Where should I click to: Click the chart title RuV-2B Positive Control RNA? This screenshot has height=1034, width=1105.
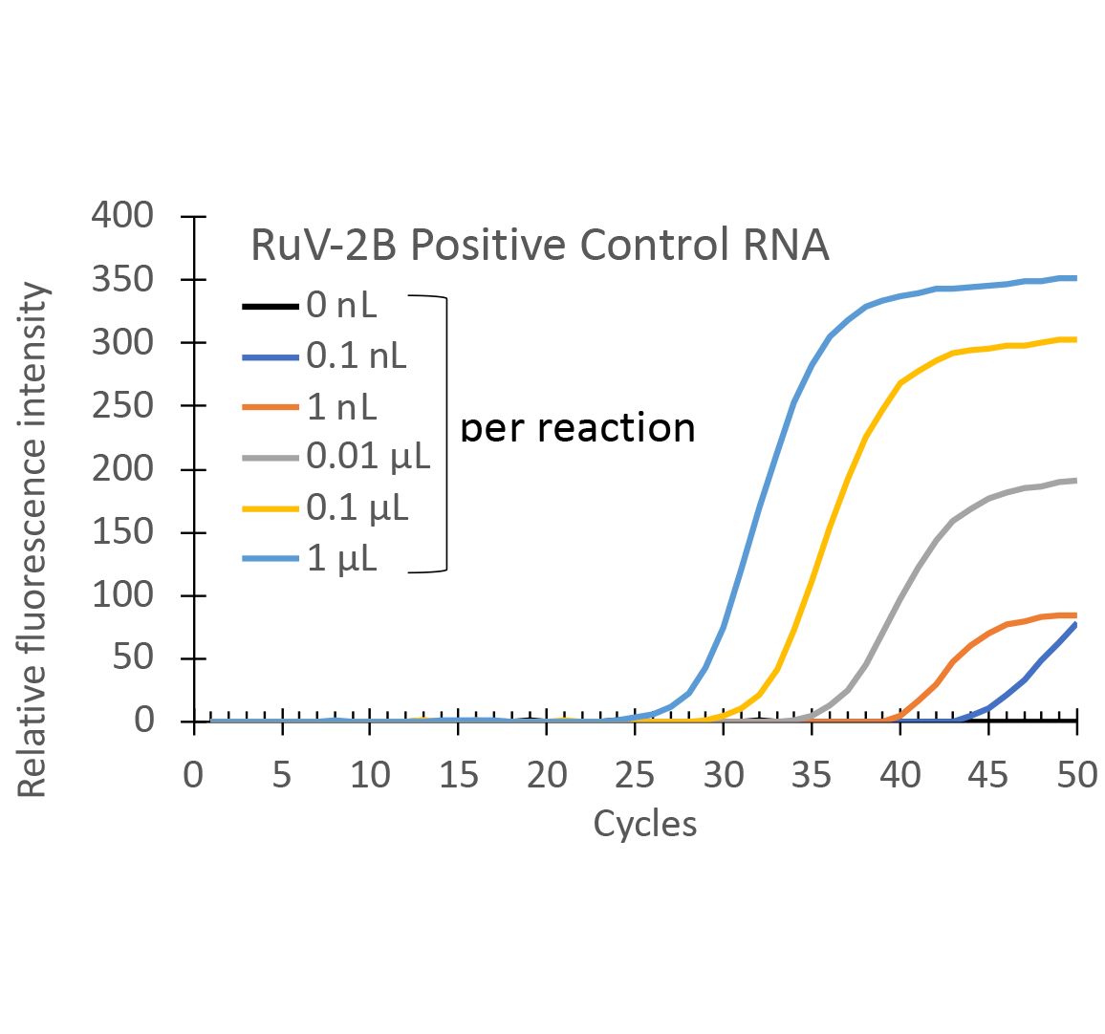[x=539, y=246]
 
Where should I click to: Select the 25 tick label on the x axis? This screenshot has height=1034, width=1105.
[x=635, y=775]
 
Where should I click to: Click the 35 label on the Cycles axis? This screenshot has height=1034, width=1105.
[x=812, y=775]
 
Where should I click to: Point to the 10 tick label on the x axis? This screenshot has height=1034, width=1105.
[x=370, y=775]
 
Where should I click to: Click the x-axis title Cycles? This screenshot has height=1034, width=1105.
[x=644, y=824]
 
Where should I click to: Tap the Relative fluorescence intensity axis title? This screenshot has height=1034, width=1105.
[x=32, y=540]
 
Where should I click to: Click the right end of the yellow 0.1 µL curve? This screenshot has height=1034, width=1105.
[x=1076, y=339]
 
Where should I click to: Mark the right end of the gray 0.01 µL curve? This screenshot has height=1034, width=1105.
[x=1076, y=480]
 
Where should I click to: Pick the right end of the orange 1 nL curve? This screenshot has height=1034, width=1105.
[x=1076, y=615]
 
